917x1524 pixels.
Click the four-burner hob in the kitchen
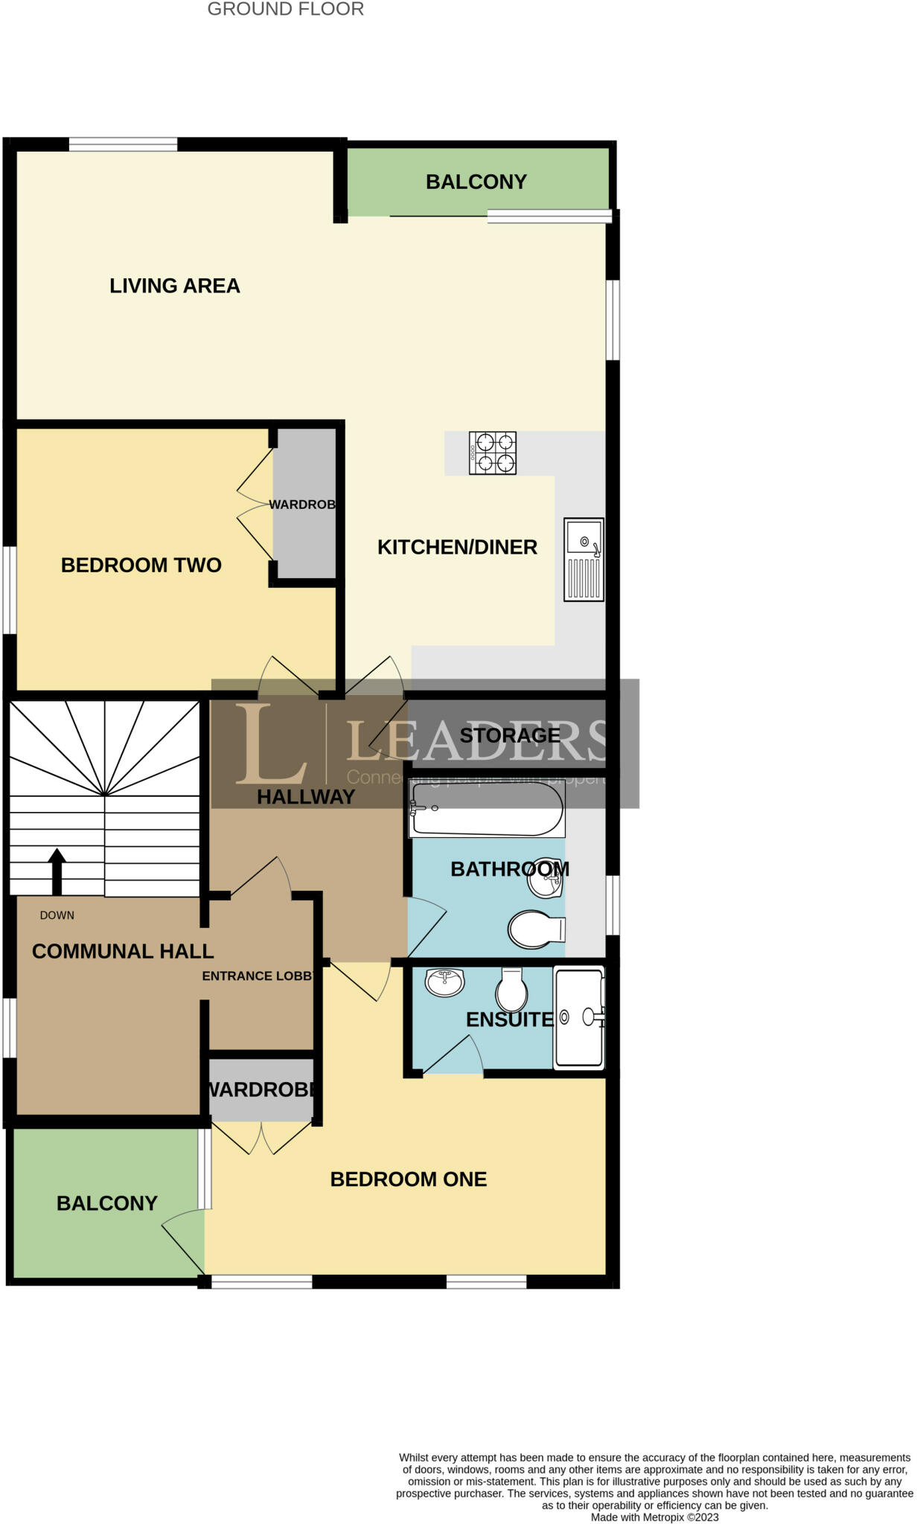click(x=492, y=453)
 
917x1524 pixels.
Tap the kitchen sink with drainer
click(x=584, y=560)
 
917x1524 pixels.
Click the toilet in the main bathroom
click(x=536, y=929)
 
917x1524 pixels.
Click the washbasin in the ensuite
click(x=444, y=982)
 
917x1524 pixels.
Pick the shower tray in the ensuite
click(x=578, y=1016)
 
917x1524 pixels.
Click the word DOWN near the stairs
click(x=57, y=915)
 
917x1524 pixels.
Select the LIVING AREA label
click(x=175, y=286)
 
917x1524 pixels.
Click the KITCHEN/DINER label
click(x=457, y=547)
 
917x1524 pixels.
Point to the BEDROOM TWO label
click(x=141, y=565)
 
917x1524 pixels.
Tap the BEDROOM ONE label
click(x=409, y=1179)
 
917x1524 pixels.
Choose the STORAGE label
click(x=510, y=735)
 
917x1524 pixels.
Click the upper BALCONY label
click(x=476, y=182)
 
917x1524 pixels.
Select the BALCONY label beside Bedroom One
click(x=107, y=1203)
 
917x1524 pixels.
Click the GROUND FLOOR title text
click(x=286, y=10)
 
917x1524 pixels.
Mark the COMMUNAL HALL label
click(x=123, y=951)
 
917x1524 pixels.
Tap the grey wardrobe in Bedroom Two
click(x=305, y=521)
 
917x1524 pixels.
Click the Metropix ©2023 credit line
click(x=655, y=1517)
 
